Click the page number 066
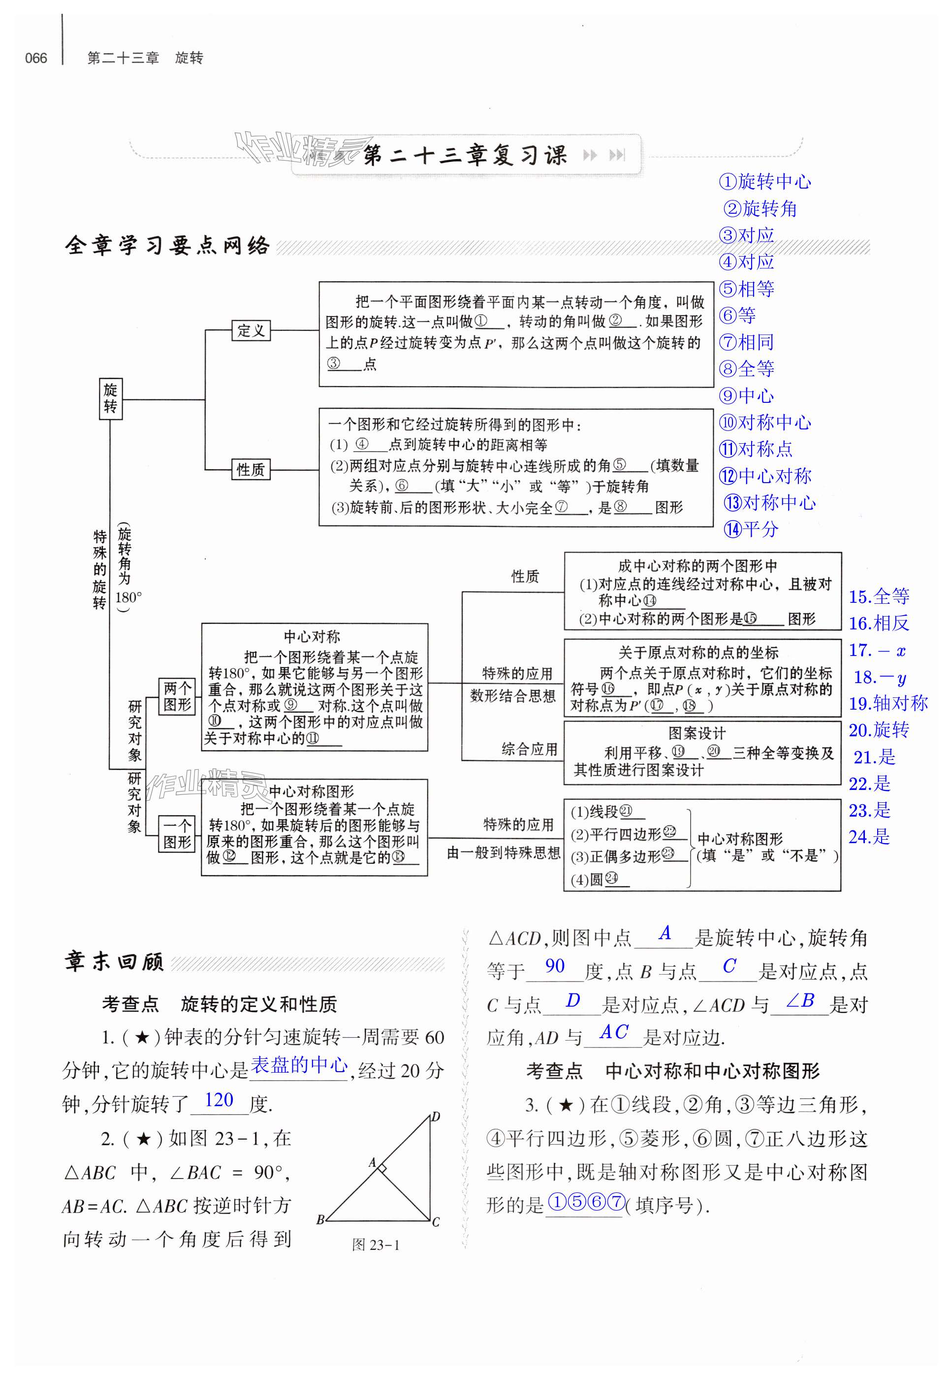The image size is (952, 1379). pos(36,58)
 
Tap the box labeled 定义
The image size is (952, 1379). pos(251,330)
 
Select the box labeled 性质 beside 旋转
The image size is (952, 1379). pos(251,470)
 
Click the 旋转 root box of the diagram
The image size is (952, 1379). pos(110,398)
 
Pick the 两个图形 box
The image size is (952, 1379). pos(177,696)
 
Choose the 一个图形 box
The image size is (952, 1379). pos(177,834)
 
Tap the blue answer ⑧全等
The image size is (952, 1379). pos(747,369)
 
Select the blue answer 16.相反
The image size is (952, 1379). pos(879,623)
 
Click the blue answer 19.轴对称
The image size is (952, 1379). pos(888,703)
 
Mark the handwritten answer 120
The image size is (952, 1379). pos(219,1100)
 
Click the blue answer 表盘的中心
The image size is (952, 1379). pos(298,1065)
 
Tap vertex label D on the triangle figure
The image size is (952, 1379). pos(436,1116)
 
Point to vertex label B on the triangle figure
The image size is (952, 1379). pos(320,1220)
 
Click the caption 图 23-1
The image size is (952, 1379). pos(375,1245)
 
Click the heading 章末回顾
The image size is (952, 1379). pos(114,962)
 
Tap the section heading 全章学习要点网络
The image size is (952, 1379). pos(167,245)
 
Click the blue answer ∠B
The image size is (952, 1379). pos(800,1001)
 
